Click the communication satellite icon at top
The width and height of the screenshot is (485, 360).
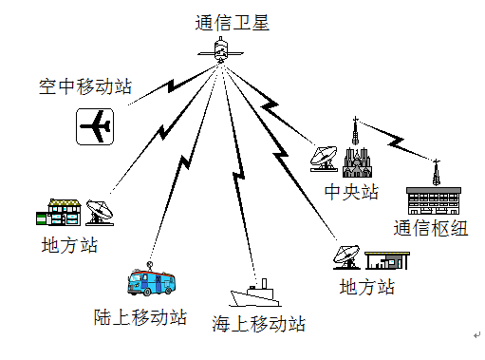(x=219, y=49)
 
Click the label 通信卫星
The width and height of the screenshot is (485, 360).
(x=233, y=22)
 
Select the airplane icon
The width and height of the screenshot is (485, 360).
(x=95, y=125)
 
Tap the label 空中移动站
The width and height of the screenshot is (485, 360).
(x=84, y=87)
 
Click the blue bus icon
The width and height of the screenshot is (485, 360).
(x=152, y=281)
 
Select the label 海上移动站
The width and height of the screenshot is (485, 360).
(x=259, y=324)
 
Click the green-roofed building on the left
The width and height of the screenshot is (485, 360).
(x=58, y=212)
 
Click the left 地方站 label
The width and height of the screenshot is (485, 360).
(x=69, y=246)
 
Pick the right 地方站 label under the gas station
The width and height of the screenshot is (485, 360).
(x=366, y=287)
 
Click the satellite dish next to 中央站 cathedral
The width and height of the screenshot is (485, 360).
(x=323, y=158)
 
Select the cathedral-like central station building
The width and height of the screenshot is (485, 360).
(x=357, y=158)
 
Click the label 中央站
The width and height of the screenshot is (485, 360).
(x=351, y=193)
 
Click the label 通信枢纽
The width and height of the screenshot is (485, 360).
(x=430, y=228)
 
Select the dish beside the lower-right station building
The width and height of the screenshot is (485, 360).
(x=347, y=257)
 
